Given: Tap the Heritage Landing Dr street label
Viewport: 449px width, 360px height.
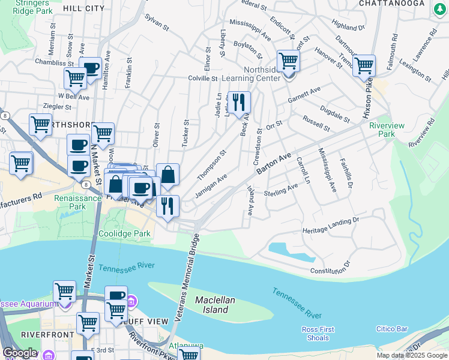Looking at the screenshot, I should [x=331, y=225].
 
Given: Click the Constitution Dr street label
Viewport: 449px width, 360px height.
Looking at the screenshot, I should [x=330, y=269].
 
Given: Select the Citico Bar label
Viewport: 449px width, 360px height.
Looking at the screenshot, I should [x=392, y=329].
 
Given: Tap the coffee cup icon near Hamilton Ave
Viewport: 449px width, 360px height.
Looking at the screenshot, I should [x=90, y=68].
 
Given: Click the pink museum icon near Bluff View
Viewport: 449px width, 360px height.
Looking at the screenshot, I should [x=133, y=300].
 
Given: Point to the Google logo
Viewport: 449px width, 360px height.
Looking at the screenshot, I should [x=20, y=353].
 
